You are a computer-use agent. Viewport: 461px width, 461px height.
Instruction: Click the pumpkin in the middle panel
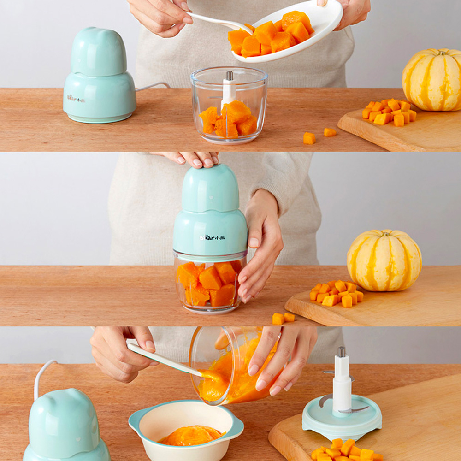point(384,261)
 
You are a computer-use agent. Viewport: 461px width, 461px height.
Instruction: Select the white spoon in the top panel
point(217,20)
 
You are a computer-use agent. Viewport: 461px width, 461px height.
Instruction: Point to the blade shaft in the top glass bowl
point(228,90)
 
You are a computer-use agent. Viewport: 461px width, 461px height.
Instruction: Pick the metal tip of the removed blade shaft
point(341,352)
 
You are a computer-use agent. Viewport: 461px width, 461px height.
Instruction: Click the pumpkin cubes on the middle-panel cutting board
point(336,293)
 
